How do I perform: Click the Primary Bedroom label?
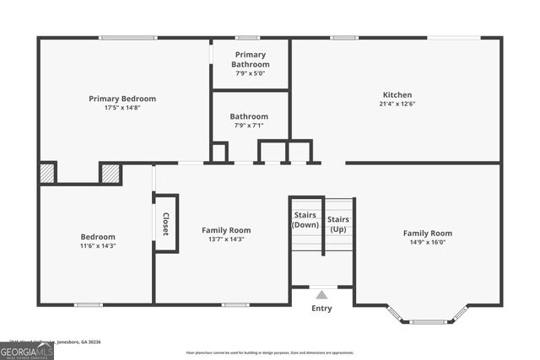coord(122,99)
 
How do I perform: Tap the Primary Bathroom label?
coord(251,59)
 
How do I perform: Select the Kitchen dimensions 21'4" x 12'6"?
coord(397,104)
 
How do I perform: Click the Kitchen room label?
coord(397,94)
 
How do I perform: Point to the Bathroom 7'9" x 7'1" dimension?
coord(249,126)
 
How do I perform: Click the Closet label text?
coord(165,223)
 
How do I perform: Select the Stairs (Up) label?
coord(338,223)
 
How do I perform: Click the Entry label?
coord(321,309)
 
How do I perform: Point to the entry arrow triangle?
coord(321,295)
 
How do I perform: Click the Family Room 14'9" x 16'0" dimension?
coord(427,243)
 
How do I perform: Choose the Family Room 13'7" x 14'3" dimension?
coord(225,239)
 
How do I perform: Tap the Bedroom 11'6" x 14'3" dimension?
coord(98,246)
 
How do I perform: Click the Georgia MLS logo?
coord(27,350)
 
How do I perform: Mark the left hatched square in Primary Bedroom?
coord(47,173)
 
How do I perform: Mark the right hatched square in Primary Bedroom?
coord(111,173)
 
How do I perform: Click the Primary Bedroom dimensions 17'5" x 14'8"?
coord(122,108)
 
